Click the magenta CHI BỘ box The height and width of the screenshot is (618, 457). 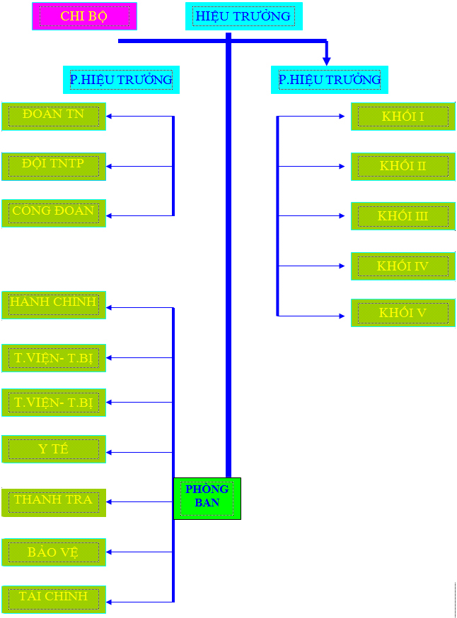[84, 16]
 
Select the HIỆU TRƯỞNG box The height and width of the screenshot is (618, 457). [243, 16]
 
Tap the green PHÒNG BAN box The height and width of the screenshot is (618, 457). [207, 498]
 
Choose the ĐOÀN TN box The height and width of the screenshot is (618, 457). [54, 116]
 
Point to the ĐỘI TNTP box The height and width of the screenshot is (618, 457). [54, 166]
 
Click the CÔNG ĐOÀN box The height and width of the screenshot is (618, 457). [54, 213]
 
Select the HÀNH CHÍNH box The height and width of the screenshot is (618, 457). [54, 304]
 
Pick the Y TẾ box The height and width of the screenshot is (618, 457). [54, 449]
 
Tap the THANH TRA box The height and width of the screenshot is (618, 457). [54, 501]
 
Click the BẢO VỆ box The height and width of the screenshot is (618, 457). [54, 552]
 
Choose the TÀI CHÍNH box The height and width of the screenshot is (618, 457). [54, 598]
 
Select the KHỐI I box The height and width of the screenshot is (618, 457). [403, 117]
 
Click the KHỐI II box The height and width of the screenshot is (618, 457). [403, 167]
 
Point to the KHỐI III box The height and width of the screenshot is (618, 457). [403, 216]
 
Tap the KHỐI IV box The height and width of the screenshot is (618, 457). [403, 266]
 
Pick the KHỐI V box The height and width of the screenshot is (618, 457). [403, 313]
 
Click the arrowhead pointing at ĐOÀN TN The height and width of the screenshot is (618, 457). [110, 116]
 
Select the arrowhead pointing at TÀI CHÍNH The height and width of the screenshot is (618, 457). [110, 602]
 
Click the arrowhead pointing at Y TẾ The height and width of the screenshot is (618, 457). [110, 452]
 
